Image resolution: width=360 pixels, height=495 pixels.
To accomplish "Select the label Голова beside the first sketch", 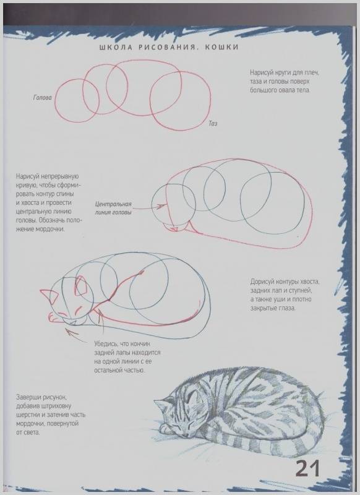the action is click(42, 98).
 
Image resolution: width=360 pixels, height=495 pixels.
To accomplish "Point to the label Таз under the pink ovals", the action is click(213, 123).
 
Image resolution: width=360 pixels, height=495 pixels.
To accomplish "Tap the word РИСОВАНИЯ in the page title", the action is click(168, 48).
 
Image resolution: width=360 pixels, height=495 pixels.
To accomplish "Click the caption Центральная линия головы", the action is click(113, 209).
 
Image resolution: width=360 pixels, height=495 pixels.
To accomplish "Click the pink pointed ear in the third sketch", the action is click(49, 295).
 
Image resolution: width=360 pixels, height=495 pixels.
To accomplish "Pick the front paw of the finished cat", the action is click(166, 429).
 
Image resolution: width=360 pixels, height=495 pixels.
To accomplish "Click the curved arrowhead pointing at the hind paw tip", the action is click(70, 331).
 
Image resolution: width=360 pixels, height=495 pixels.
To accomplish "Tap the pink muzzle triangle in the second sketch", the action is click(173, 228).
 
